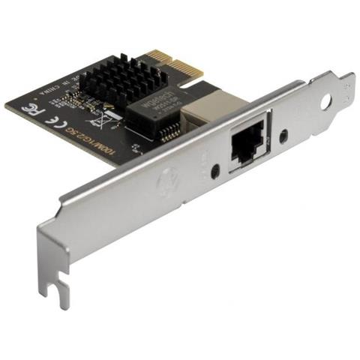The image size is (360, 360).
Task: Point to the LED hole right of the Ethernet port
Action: (x=283, y=137)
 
